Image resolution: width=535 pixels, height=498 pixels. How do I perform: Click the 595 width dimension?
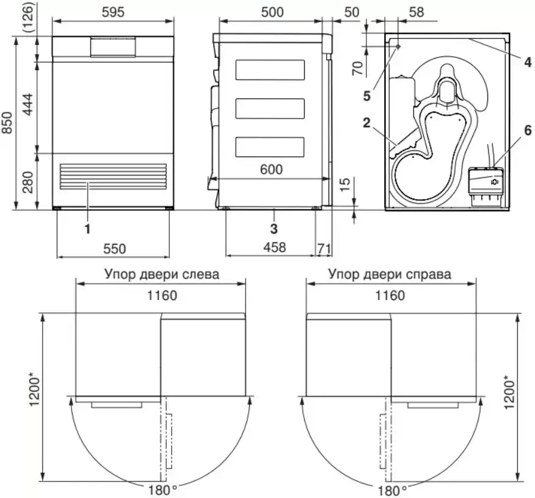113,12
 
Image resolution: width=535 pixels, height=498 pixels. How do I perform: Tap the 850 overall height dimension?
7,123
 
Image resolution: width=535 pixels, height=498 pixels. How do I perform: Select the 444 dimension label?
27,104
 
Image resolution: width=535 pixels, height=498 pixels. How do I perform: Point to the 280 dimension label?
27,182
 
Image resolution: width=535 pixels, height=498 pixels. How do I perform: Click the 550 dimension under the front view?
115,249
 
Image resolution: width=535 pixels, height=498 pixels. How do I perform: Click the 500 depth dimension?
272,12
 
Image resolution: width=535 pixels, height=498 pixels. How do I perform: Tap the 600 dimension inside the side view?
271,169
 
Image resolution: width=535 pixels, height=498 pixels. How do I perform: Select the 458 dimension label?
275,247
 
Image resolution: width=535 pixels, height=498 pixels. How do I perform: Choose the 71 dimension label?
324,248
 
